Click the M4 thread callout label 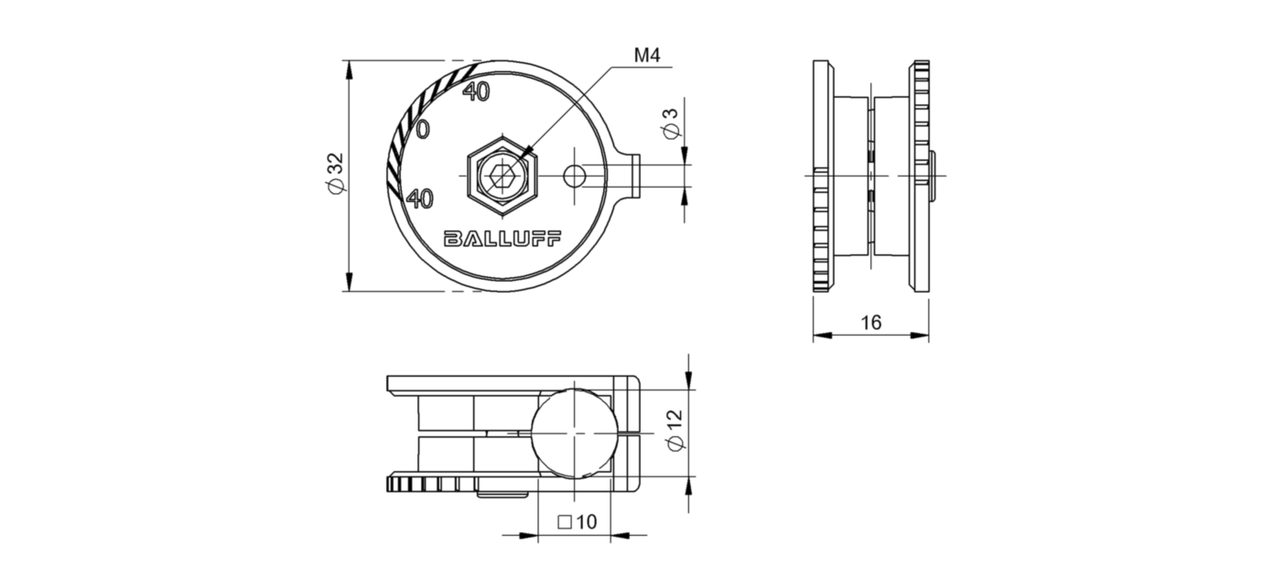(x=647, y=56)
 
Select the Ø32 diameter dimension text (x=335, y=173)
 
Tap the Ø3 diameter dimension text (x=671, y=123)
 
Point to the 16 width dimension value (x=870, y=322)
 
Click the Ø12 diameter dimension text (x=675, y=430)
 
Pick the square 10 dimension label (x=577, y=522)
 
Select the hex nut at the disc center (x=502, y=173)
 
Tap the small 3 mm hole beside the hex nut (x=575, y=175)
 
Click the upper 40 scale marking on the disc (x=476, y=91)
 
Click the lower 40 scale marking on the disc (x=420, y=198)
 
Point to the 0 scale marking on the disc (x=422, y=130)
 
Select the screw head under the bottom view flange (x=502, y=495)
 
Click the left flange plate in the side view (x=823, y=174)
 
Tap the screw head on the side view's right (x=933, y=174)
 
